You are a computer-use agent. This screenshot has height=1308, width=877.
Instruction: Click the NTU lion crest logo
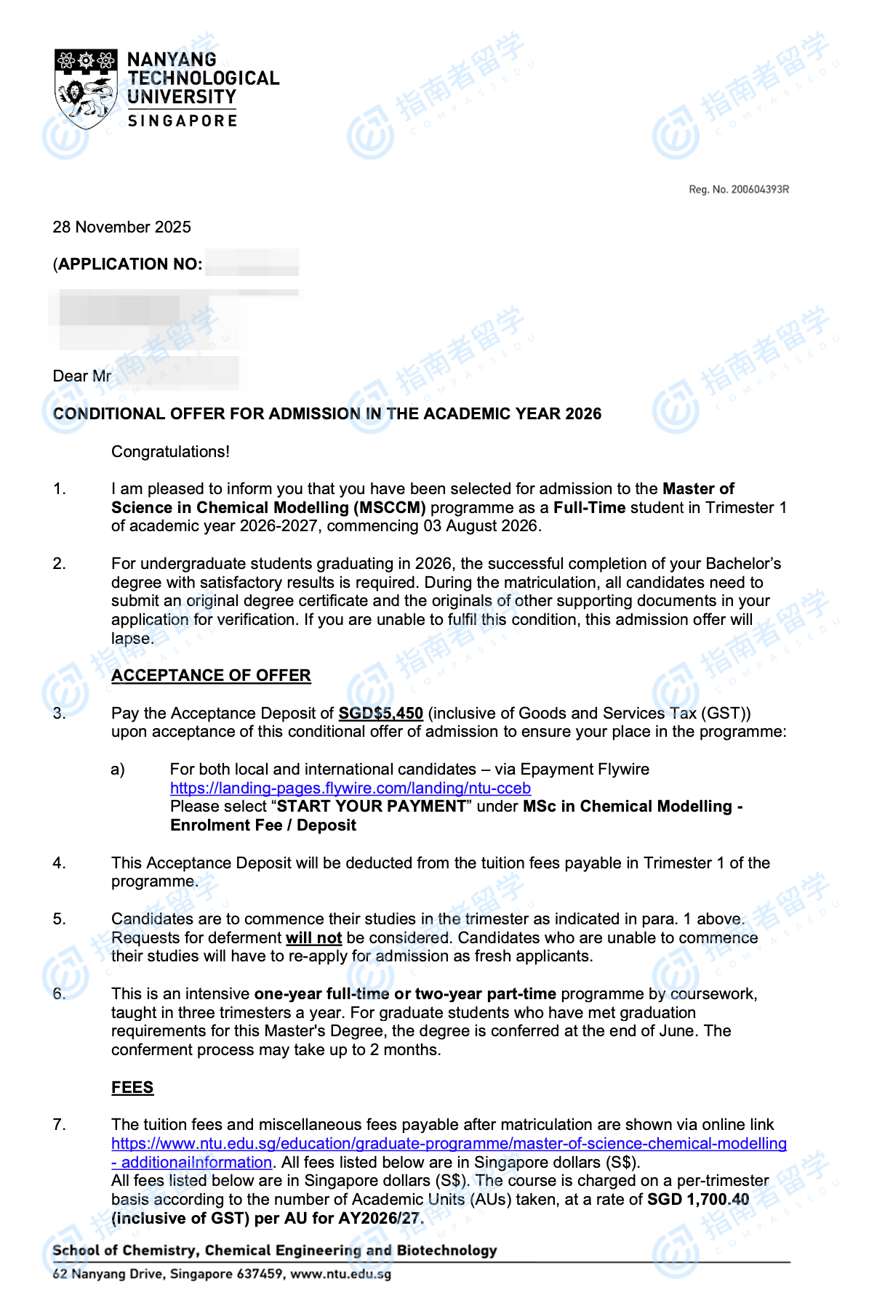click(86, 88)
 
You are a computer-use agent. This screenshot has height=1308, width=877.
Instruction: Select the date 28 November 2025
click(121, 227)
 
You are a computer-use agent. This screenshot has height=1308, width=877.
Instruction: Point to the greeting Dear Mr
click(81, 376)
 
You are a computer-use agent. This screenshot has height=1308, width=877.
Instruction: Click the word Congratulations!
click(170, 452)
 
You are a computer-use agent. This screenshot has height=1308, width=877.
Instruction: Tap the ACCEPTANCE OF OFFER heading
click(211, 676)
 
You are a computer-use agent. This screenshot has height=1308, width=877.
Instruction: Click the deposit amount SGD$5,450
click(380, 714)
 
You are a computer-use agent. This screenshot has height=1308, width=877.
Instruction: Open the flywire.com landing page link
click(350, 788)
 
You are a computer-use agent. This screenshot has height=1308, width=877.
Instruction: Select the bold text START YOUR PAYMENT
click(371, 807)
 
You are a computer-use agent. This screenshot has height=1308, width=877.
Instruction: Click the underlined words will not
click(313, 938)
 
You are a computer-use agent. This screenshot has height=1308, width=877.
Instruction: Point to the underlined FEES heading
click(132, 1088)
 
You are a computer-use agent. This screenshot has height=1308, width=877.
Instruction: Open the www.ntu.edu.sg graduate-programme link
click(449, 1144)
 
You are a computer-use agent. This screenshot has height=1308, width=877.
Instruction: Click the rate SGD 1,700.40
click(697, 1200)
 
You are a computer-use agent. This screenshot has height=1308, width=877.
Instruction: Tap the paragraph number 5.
click(59, 919)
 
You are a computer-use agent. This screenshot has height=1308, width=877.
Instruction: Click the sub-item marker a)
click(118, 770)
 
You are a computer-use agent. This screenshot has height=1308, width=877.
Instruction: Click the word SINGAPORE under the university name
click(182, 121)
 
